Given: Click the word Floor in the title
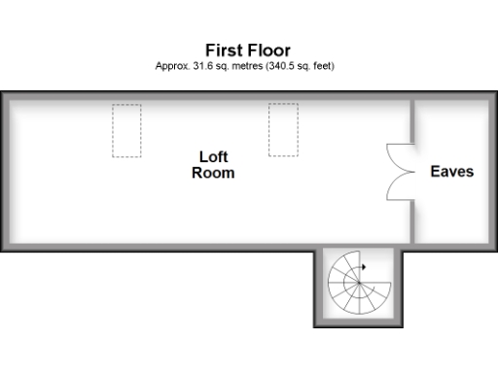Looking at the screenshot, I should pos(269,51).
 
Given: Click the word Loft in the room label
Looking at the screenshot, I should pos(213,156).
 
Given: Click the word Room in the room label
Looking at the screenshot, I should pos(213,173).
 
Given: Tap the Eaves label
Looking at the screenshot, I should pos(451,171).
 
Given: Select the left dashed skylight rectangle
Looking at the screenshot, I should pos(126,130).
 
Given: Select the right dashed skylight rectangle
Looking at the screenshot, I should pos(282,130).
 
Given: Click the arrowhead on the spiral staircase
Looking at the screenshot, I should pos(363,265).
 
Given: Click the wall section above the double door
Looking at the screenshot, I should pos(412,119).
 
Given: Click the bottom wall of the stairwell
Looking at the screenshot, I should pos(358,322).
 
